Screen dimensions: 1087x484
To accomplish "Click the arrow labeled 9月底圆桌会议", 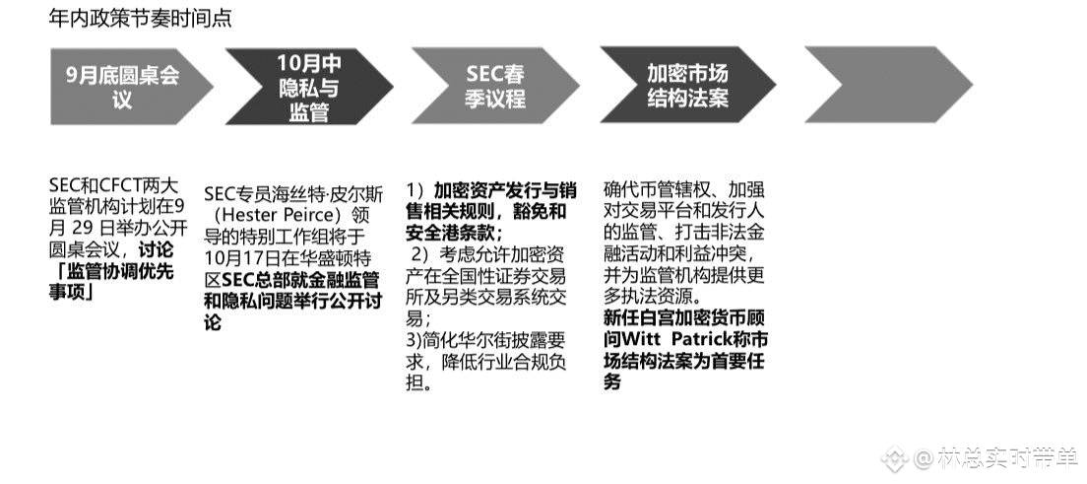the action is [x=123, y=87].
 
